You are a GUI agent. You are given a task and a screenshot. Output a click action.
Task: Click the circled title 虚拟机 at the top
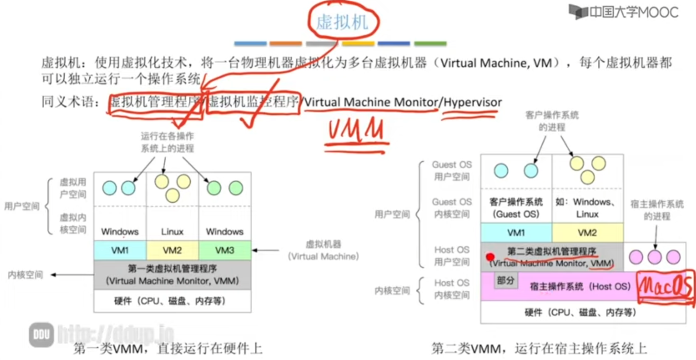click(342, 22)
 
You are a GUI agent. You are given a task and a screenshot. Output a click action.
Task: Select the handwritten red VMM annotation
click(356, 131)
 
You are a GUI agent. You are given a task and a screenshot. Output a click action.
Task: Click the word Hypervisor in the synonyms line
click(473, 102)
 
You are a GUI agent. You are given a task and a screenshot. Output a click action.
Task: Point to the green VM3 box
click(225, 250)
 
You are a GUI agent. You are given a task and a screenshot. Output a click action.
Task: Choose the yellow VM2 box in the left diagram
click(172, 250)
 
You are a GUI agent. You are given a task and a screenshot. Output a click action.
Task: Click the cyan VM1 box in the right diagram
click(516, 233)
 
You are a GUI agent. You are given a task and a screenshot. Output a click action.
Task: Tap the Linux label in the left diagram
click(172, 232)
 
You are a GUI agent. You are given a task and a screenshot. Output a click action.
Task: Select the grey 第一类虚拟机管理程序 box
click(172, 275)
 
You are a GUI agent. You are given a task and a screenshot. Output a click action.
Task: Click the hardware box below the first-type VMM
click(172, 301)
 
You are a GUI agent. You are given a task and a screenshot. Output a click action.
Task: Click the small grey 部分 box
click(506, 281)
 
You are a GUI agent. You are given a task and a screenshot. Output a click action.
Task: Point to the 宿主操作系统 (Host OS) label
click(580, 286)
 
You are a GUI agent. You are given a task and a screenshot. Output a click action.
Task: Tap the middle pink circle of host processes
click(654, 257)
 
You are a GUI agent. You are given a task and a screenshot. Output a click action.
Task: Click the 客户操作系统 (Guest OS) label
click(516, 208)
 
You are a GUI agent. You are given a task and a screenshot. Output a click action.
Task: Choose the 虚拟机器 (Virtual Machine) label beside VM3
click(323, 250)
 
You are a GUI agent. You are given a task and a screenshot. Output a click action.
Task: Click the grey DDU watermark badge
click(42, 334)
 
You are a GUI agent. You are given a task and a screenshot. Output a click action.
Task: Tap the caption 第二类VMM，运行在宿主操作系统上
click(539, 348)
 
